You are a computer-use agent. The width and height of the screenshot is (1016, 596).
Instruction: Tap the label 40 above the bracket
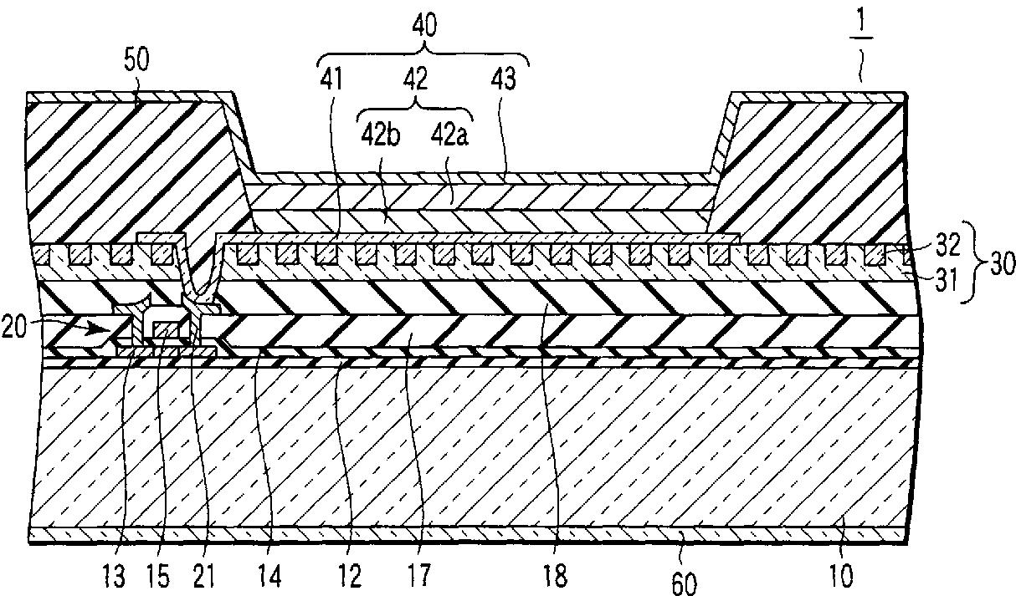(x=424, y=26)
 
